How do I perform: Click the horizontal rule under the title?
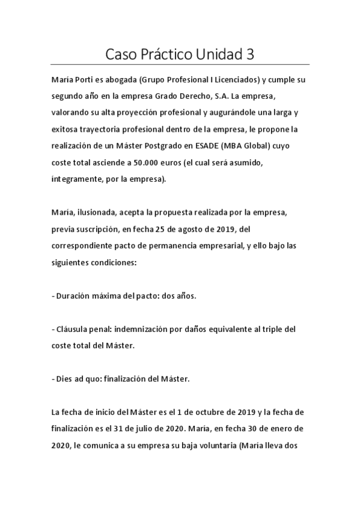click(x=180, y=64)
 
